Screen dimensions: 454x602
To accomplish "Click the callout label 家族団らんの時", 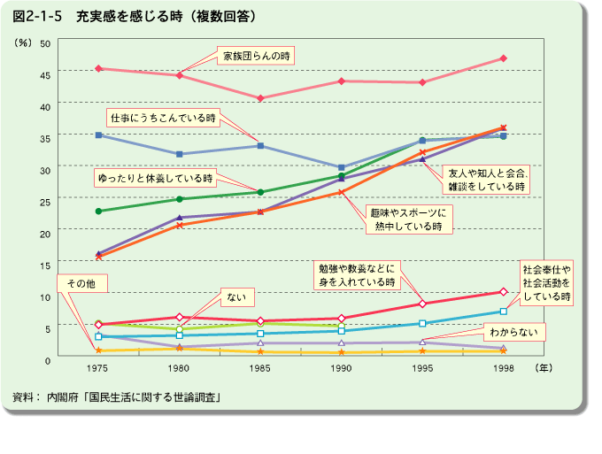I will [257, 56].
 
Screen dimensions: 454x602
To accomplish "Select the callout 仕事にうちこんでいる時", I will [162, 117].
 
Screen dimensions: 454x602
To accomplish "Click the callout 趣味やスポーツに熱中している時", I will [407, 219].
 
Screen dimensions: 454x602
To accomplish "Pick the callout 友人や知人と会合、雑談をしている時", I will [486, 180].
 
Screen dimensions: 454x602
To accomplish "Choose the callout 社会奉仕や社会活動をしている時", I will [547, 282].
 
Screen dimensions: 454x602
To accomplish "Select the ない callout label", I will [235, 296].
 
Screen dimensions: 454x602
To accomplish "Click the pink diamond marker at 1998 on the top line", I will [503, 58].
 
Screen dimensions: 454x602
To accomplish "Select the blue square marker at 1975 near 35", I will [98, 135].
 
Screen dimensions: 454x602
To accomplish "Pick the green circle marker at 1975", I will [98, 212].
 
